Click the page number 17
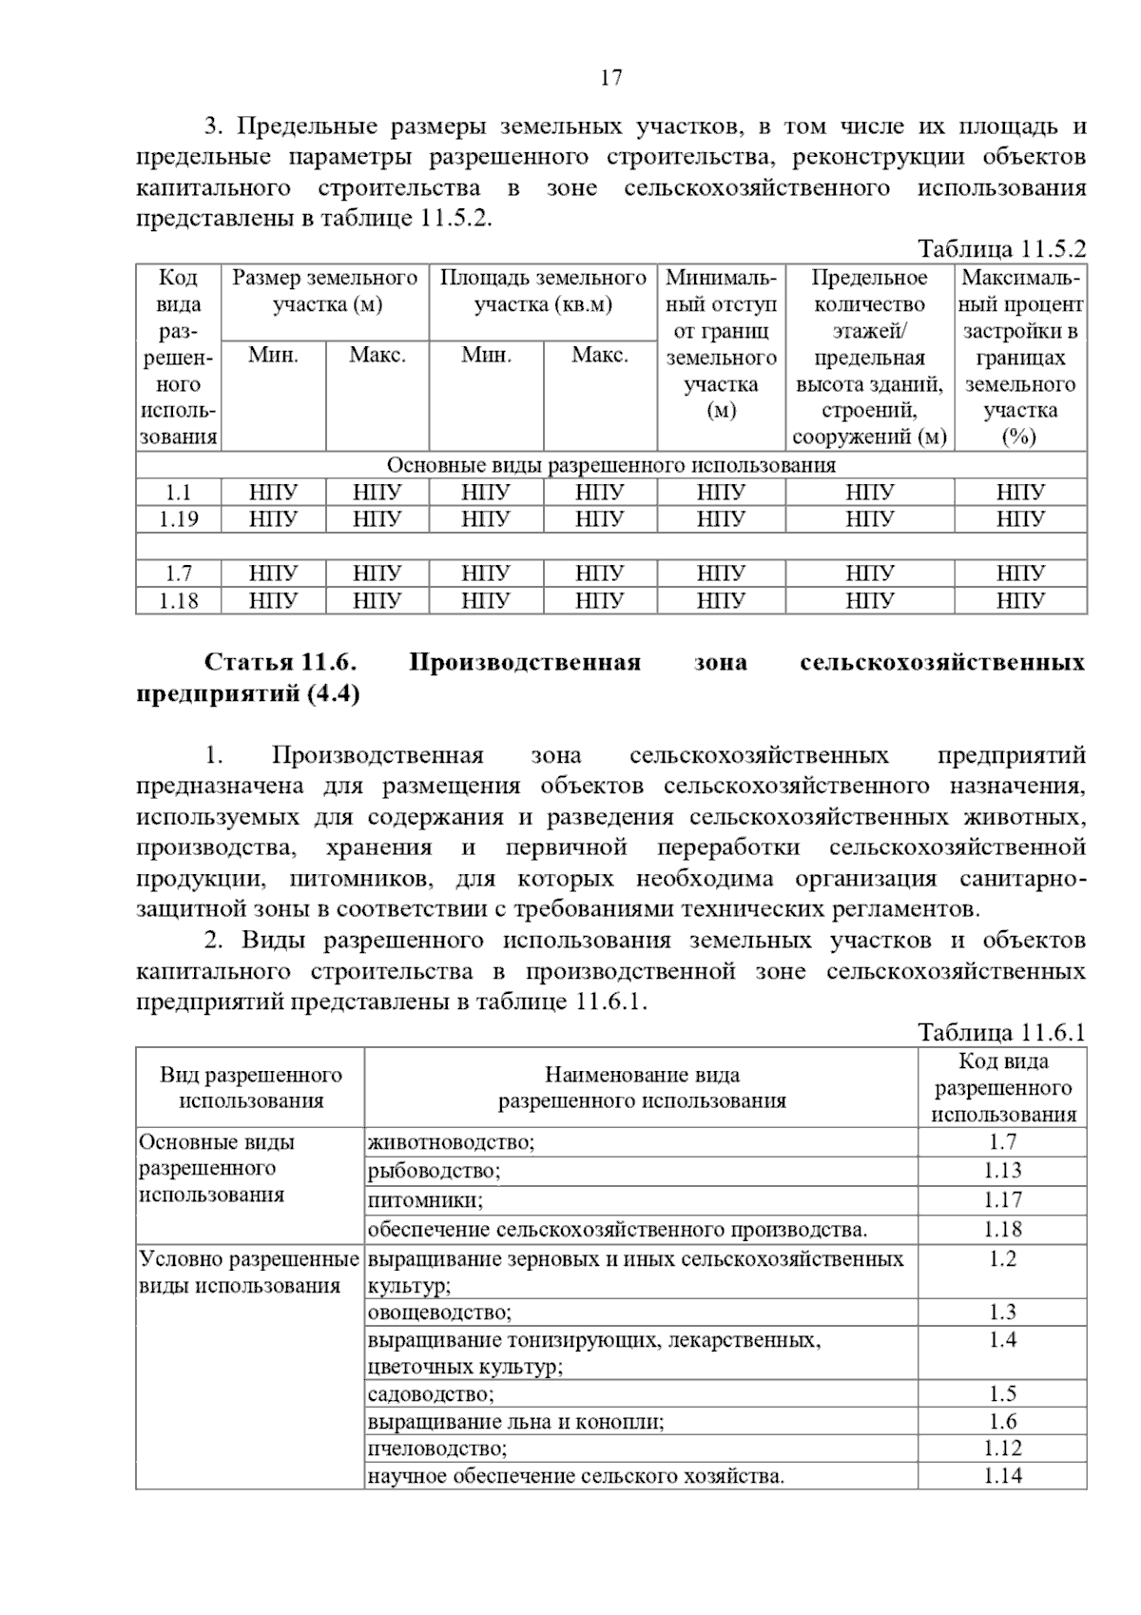pos(611,78)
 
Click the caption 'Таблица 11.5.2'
pos(1000,249)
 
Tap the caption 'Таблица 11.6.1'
pos(1000,1033)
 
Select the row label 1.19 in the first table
pos(178,519)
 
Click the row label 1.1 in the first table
pos(178,493)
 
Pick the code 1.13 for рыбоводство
pos(1002,1171)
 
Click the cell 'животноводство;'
pos(452,1142)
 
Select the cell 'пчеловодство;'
pos(437,1449)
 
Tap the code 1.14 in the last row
pos(1002,1476)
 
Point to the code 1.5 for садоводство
pos(1002,1394)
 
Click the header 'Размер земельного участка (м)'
pos(325,291)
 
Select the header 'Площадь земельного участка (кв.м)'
pos(543,291)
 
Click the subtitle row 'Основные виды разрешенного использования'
pos(610,465)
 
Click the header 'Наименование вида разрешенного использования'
pos(642,1088)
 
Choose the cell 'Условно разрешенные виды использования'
pos(249,1273)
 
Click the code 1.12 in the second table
pos(1002,1449)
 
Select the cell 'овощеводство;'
pos(439,1313)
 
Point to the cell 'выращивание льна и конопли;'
pos(515,1422)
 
